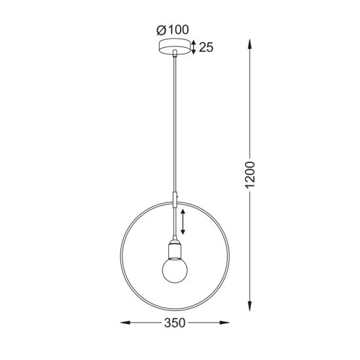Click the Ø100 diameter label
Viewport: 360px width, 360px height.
[x=172, y=30]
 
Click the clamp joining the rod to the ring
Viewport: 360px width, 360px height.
[x=175, y=197]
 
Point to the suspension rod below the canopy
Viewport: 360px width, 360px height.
[x=175, y=124]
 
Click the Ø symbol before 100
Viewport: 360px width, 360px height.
[x=161, y=30]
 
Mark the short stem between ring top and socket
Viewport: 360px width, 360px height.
[x=175, y=223]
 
